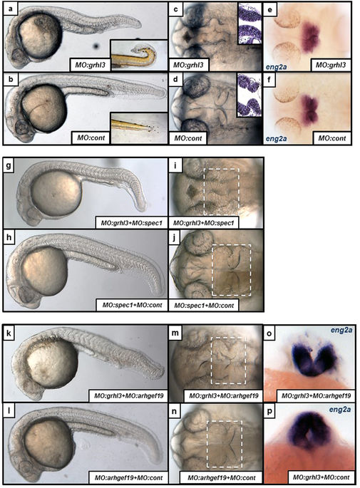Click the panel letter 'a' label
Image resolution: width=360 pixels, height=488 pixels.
(x=11, y=9)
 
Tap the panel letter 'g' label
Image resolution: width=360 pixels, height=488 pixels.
(x=9, y=165)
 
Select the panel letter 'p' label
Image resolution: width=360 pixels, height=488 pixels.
(x=269, y=411)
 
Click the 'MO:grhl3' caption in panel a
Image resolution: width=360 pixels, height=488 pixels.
(x=91, y=65)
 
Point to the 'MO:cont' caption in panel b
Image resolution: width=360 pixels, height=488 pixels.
(x=91, y=137)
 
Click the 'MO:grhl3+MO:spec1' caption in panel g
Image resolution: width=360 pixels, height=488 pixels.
(x=131, y=223)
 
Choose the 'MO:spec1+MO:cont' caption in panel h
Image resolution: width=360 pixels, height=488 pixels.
(x=133, y=305)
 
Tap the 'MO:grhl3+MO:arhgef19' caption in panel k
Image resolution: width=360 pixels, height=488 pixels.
(x=128, y=396)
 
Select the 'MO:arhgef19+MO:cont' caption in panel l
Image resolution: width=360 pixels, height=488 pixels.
(x=128, y=477)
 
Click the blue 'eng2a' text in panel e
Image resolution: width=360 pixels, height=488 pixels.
(x=276, y=66)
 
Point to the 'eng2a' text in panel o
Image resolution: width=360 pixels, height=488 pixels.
(x=341, y=330)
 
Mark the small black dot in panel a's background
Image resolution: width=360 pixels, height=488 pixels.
(x=96, y=46)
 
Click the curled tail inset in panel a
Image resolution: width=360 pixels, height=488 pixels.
(x=139, y=54)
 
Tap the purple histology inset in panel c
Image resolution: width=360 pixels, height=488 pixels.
(x=250, y=24)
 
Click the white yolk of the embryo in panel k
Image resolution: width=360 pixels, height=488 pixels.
(x=52, y=365)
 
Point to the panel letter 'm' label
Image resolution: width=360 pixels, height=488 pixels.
(x=175, y=333)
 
